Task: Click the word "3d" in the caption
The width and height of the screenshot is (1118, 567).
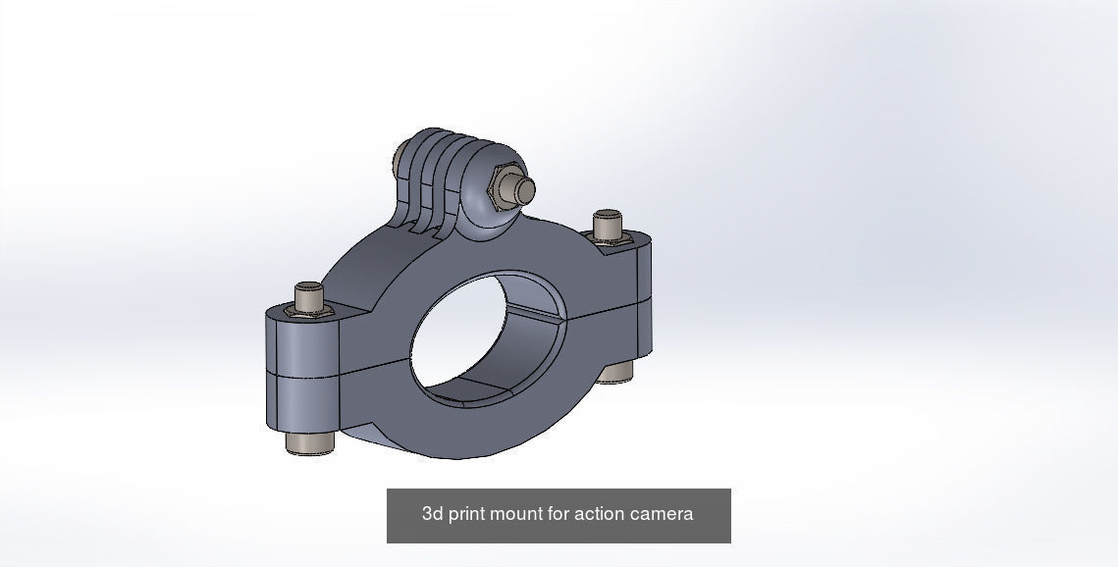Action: (x=433, y=514)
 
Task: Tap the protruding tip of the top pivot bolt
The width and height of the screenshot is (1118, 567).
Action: (x=525, y=189)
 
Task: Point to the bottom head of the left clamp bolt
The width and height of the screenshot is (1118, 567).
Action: (x=310, y=442)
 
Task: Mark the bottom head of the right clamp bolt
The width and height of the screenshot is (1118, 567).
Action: (x=615, y=372)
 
